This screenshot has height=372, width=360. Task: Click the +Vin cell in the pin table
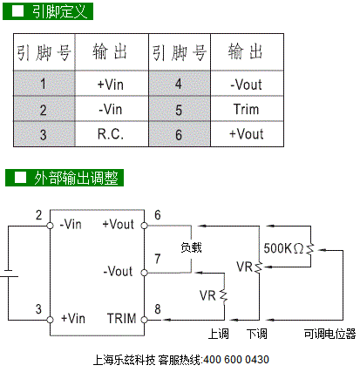point(112,84)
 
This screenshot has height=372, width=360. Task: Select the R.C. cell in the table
point(112,134)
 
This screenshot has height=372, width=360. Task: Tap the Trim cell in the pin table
point(247,109)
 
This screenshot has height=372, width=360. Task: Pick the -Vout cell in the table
point(247,84)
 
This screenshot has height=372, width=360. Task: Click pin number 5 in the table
point(180,109)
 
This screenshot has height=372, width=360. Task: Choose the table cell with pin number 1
point(44,84)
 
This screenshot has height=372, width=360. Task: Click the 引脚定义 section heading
point(48,11)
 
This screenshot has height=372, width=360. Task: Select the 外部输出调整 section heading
point(65,178)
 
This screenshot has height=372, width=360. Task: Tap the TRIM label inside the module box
point(121,318)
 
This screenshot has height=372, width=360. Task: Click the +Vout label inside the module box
point(118,224)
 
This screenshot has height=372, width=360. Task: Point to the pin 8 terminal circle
point(144,320)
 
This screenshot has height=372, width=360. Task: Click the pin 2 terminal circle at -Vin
point(50,226)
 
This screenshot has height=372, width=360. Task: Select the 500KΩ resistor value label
point(283,248)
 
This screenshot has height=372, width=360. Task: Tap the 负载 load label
point(191,247)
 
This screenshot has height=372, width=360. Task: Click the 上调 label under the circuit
point(218,334)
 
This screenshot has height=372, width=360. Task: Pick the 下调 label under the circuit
point(256,334)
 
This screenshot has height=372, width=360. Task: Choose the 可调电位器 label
point(329,334)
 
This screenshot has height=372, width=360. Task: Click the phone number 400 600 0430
point(236,360)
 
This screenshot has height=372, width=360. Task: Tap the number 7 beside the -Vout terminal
point(158,259)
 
